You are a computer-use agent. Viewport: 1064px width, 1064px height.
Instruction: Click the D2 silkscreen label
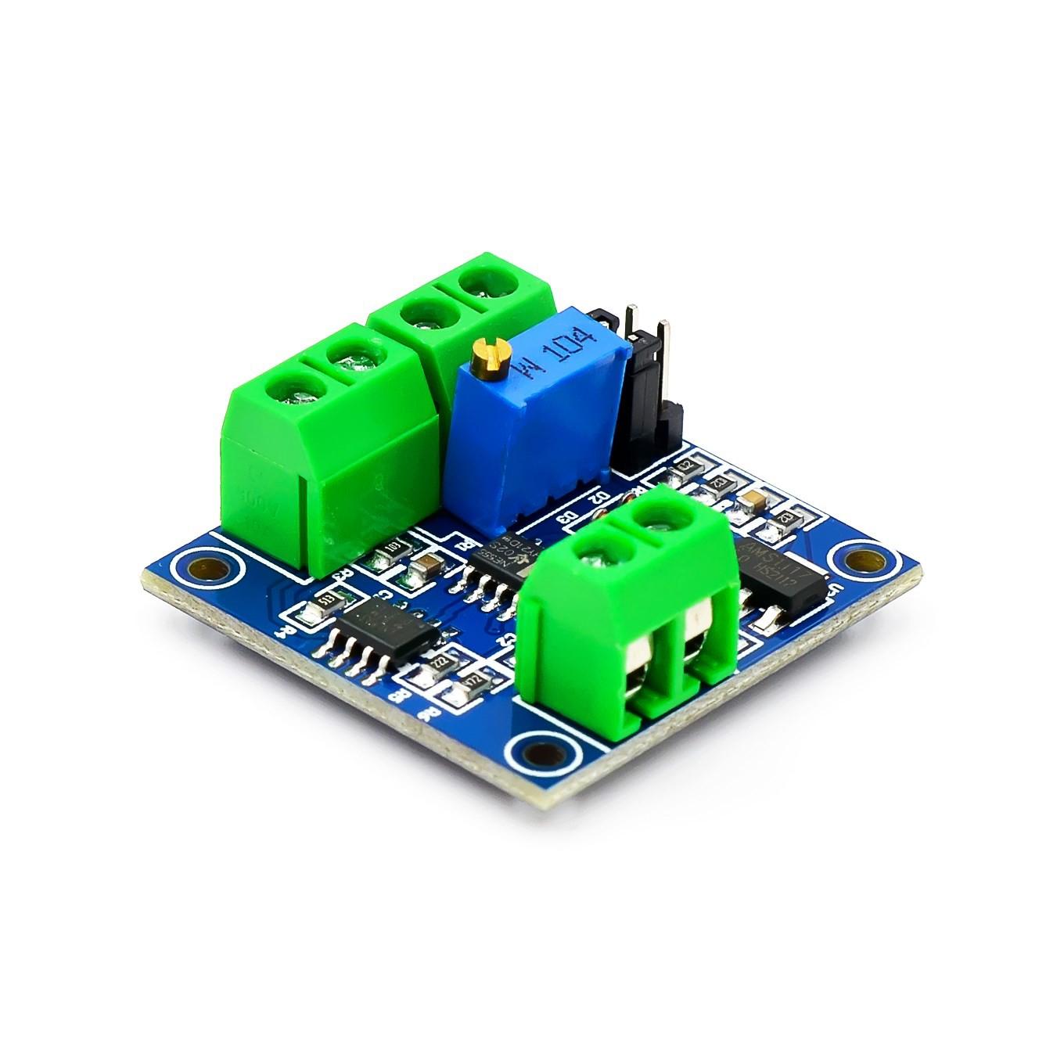pos(602,496)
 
